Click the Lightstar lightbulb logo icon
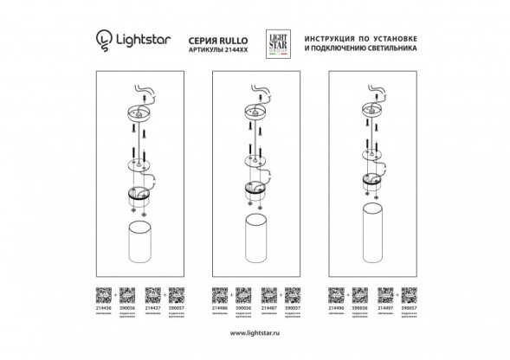coord(101,40)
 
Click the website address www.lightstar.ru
coord(255,331)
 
